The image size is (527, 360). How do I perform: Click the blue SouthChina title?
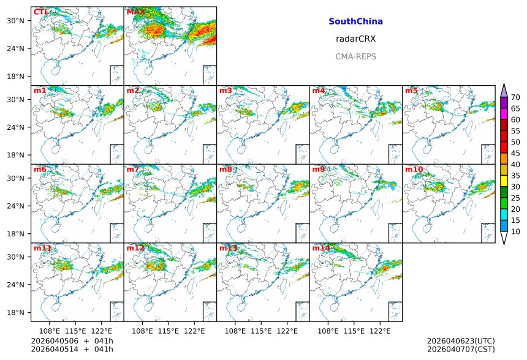coord(355,21)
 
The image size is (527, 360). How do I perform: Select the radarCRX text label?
coord(355,39)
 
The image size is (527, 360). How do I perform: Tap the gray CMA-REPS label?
coord(355,56)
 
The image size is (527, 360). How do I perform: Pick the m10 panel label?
coord(414,169)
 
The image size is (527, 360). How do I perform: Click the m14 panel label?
coord(320,248)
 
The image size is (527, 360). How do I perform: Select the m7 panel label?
coord(133,169)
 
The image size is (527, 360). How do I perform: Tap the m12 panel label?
coord(135,248)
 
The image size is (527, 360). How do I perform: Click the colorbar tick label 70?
coord(515,97)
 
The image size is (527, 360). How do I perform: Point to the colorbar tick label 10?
coord(515,231)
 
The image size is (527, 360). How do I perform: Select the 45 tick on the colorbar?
coord(515,153)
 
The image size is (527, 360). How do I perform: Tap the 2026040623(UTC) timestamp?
coord(460,340)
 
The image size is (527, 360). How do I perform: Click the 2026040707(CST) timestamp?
coord(460,349)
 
